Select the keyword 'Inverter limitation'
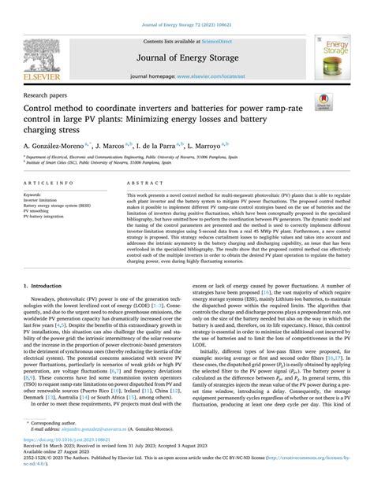tap(43, 200)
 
